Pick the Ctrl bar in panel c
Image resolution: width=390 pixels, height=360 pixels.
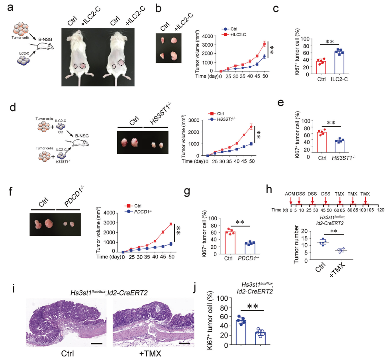tap(321, 67)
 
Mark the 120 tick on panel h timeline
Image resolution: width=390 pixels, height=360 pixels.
tap(381, 210)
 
